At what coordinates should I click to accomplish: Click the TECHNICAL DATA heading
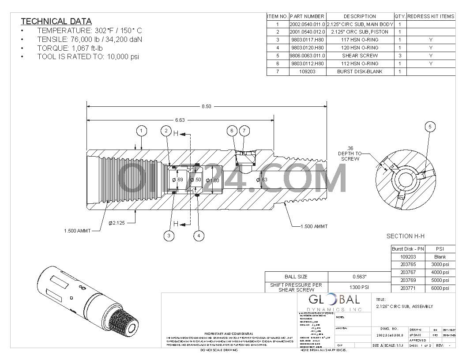point(56,21)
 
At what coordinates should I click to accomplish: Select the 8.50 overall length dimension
point(206,106)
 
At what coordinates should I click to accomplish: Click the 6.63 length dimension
point(180,120)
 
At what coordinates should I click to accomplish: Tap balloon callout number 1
point(141,131)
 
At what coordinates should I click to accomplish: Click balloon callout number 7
point(244,131)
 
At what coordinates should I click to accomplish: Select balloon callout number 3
point(169,236)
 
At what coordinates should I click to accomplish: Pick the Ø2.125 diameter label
point(117,223)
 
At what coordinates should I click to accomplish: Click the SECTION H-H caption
point(405,236)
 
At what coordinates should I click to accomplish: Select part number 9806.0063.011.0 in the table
point(307,56)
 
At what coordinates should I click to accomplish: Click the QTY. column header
point(400,16)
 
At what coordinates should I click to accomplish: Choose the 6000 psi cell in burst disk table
point(440,288)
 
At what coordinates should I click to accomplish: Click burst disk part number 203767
point(408,273)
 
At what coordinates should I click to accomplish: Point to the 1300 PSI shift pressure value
point(360,288)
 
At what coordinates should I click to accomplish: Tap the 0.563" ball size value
point(360,277)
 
